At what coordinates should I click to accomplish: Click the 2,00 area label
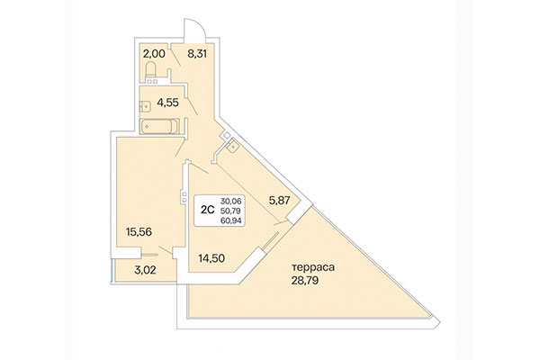pyautogui.click(x=154, y=53)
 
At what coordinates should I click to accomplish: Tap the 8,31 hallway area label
pyautogui.click(x=199, y=53)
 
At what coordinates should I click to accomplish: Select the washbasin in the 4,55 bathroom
pyautogui.click(x=145, y=104)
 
